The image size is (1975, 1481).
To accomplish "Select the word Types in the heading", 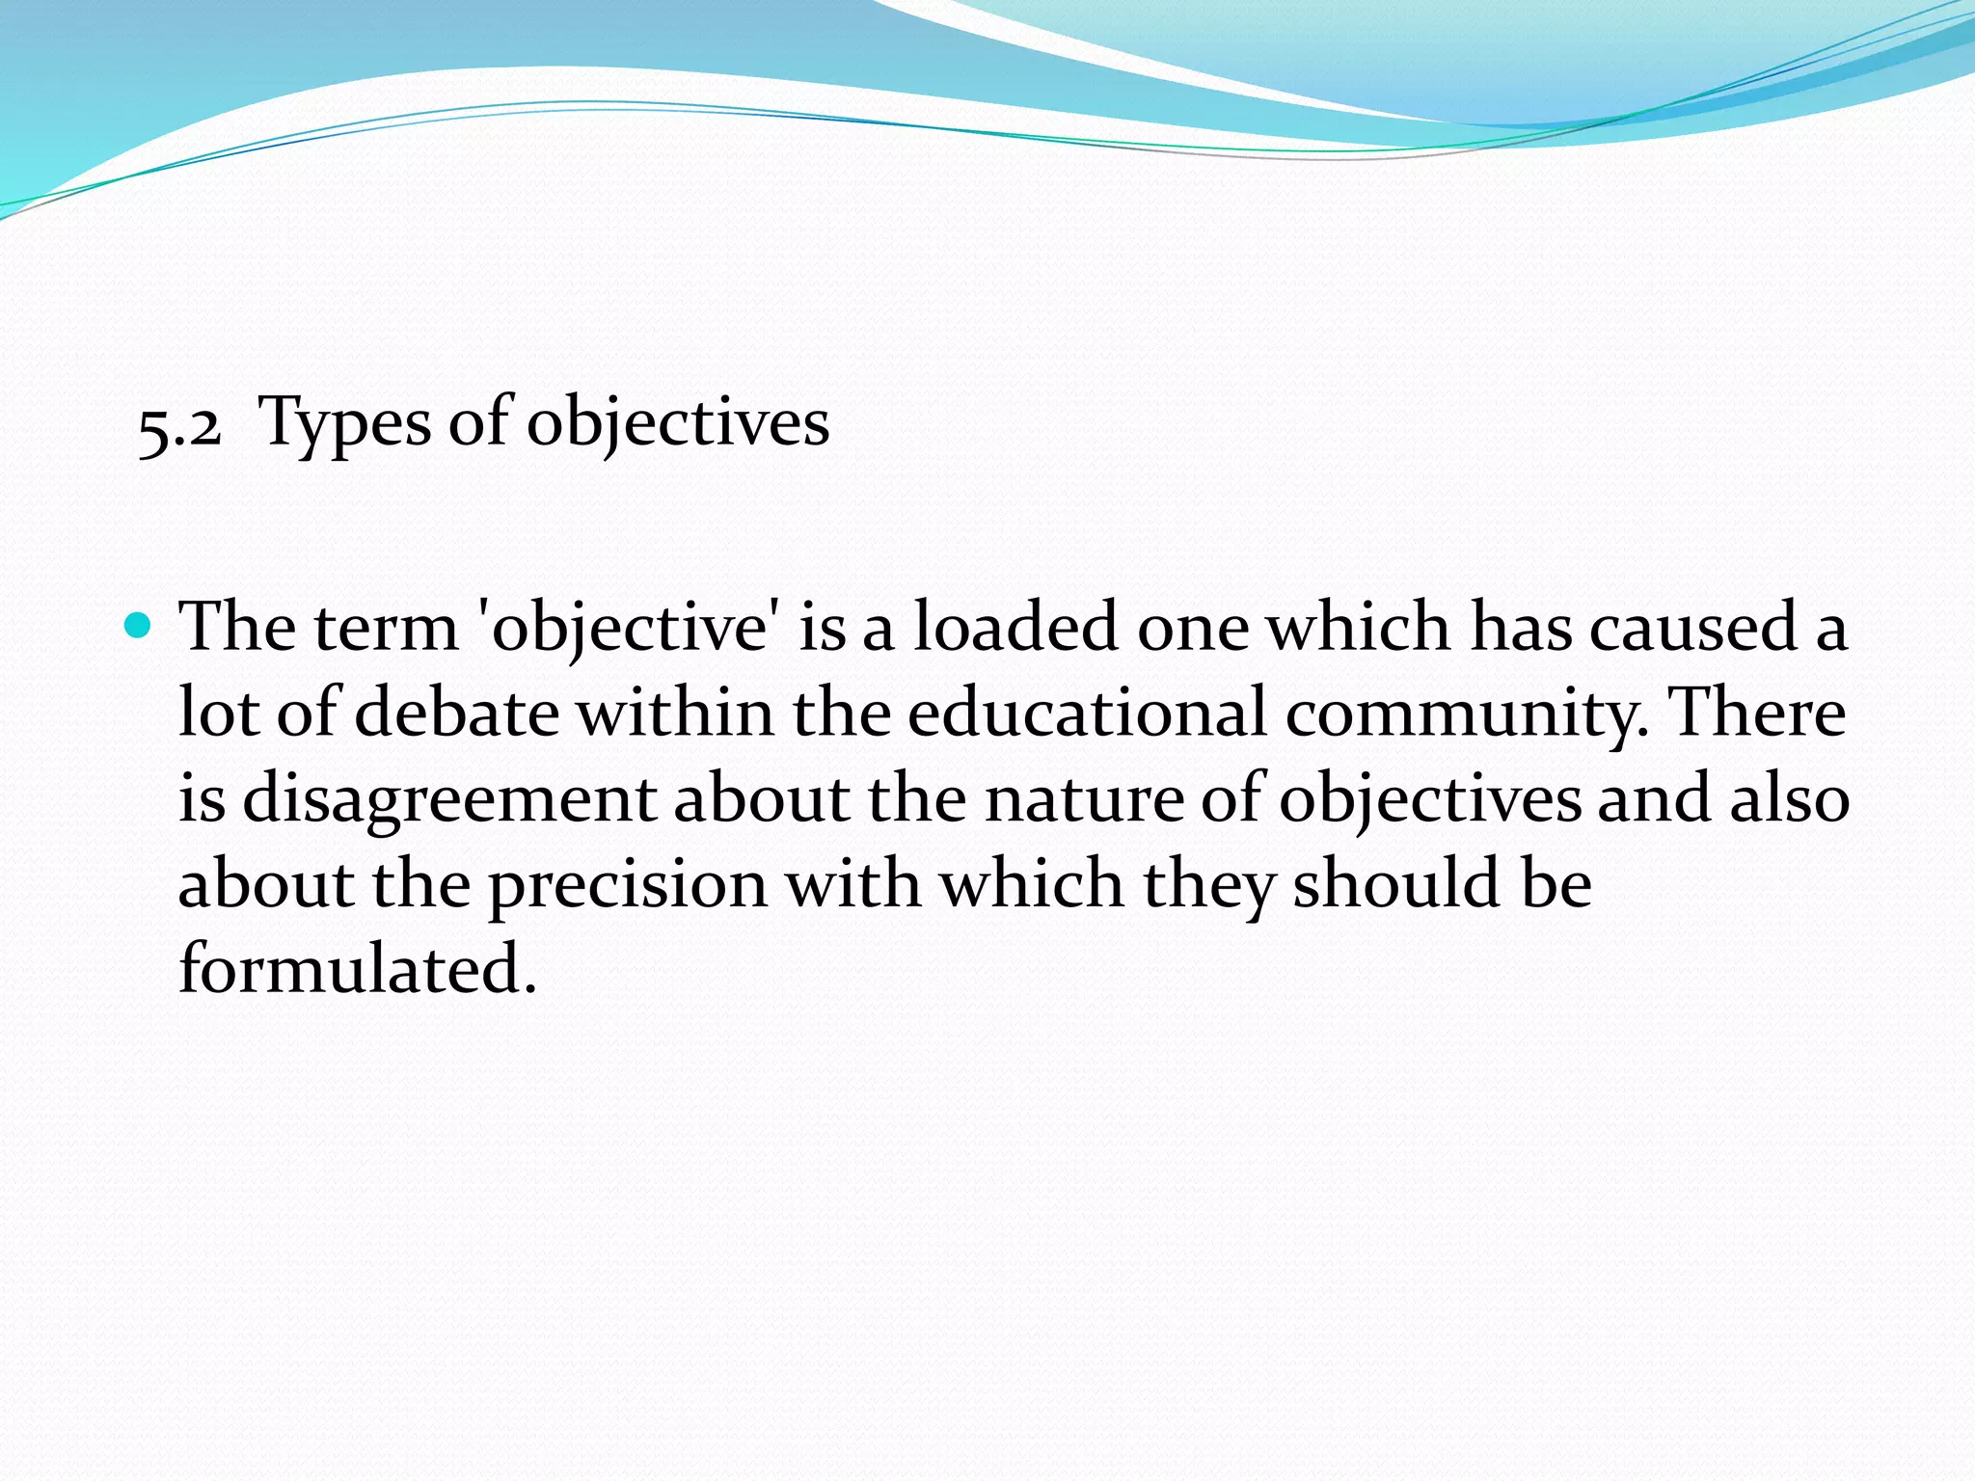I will click(x=344, y=425).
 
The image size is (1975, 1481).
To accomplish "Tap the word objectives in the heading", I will click(x=677, y=425).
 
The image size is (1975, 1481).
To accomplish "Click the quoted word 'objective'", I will click(x=630, y=630).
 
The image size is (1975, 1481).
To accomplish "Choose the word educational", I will click(x=1087, y=714).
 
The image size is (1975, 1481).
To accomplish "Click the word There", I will click(x=1756, y=714).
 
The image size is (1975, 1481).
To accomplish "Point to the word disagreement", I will click(x=448, y=800).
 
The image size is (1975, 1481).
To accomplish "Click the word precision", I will click(x=627, y=885).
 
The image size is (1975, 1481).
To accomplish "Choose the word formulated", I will click(x=357, y=969).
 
